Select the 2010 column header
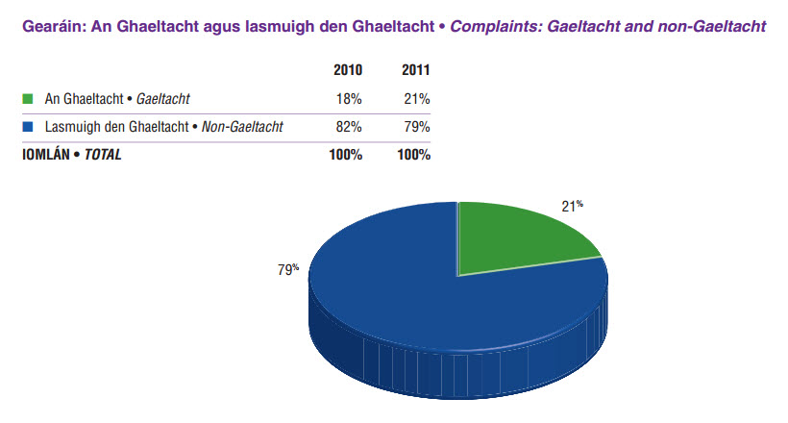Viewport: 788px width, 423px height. pyautogui.click(x=347, y=71)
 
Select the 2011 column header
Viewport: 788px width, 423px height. pyautogui.click(x=415, y=71)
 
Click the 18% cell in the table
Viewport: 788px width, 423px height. pyautogui.click(x=348, y=98)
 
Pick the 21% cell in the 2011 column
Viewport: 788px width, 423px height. pyautogui.click(x=417, y=98)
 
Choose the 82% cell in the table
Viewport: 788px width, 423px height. pyautogui.click(x=348, y=126)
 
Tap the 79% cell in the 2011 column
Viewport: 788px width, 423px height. pyautogui.click(x=417, y=126)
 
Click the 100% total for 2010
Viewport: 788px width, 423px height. pyautogui.click(x=344, y=155)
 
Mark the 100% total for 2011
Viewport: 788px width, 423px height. pyautogui.click(x=413, y=155)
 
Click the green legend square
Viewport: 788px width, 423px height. pyautogui.click(x=27, y=98)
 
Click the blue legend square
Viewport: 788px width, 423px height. pyautogui.click(x=27, y=126)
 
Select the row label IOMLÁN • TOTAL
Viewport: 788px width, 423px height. pyautogui.click(x=72, y=155)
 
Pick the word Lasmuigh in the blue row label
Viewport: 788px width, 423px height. pyautogui.click(x=70, y=126)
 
